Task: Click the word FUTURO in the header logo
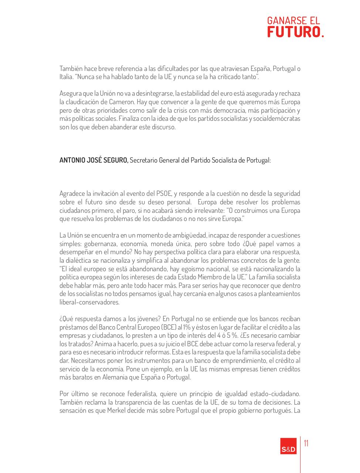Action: (293, 32)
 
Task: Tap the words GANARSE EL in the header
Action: (293, 20)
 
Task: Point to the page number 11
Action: (306, 443)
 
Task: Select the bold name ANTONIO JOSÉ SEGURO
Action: (94, 161)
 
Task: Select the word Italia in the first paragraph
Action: (66, 77)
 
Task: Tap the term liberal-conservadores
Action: (89, 302)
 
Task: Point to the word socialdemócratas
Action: (276, 119)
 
